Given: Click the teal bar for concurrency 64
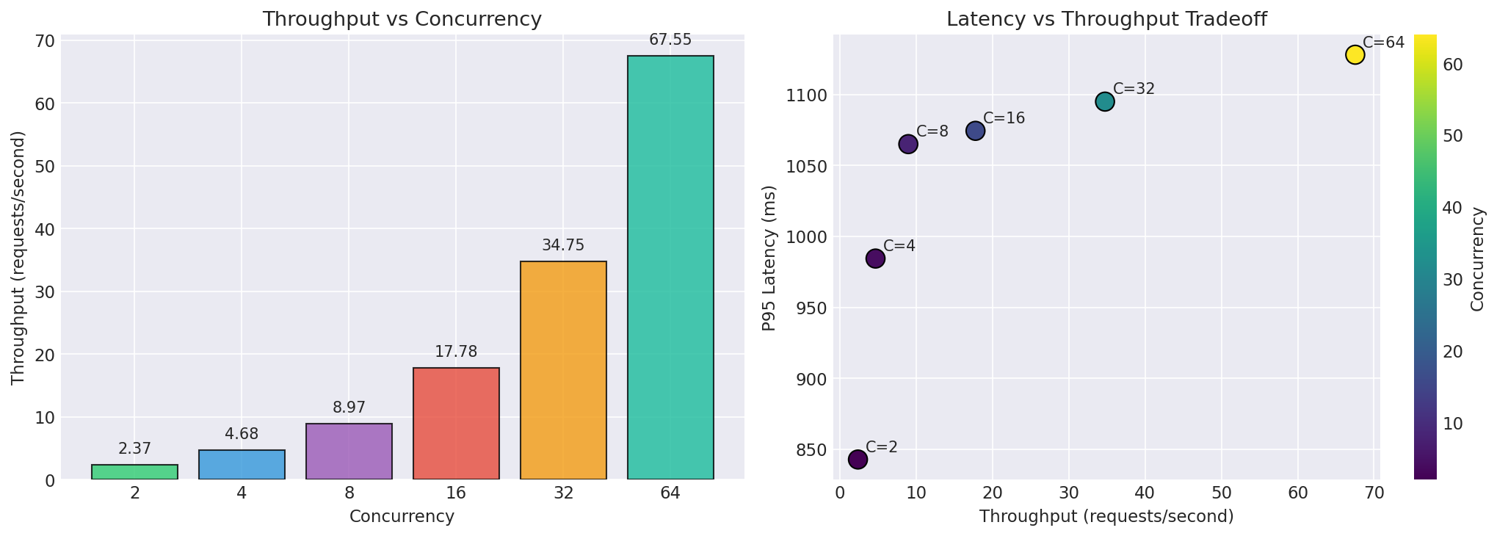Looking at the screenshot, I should coord(670,267).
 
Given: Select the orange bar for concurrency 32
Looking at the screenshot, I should coord(563,370).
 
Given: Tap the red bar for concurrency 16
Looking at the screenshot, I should coord(456,424).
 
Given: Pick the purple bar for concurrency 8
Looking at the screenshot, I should coord(349,452).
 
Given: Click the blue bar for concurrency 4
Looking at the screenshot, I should coord(242,465).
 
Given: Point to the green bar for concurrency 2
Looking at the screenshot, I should coord(134,472).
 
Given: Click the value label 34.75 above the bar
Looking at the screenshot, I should coord(563,245).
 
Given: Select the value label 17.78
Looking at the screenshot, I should coord(456,352).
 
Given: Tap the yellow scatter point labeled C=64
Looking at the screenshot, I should coord(1355,54).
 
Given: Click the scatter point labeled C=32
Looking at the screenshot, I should coord(1105,101).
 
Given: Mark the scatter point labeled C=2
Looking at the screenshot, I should coord(858,459).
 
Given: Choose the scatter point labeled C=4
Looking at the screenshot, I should coord(875,258).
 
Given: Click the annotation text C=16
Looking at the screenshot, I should coord(1004,118).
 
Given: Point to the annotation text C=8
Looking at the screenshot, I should coord(932,131).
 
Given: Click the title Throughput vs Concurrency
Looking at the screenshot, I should coord(402,19).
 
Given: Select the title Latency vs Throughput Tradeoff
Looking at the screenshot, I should coord(1106,19).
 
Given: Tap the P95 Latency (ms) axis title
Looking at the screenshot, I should coord(769,256).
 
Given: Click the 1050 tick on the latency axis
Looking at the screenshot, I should coord(808,166).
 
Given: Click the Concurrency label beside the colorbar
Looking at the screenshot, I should coord(1478,258).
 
